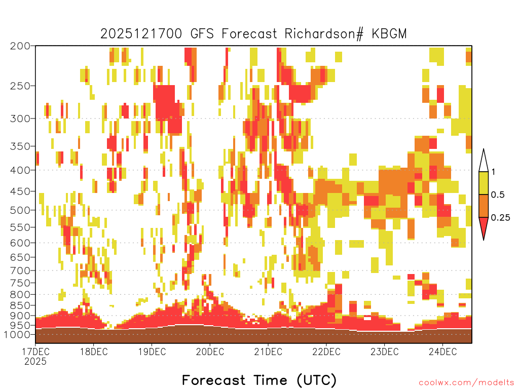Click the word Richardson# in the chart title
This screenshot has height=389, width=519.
point(324,34)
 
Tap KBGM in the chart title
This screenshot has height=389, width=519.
point(389,34)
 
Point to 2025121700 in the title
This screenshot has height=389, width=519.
point(141,34)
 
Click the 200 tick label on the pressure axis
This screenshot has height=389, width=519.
point(20,46)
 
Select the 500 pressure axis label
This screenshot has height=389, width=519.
point(20,210)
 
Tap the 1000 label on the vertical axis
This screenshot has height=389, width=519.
point(17,334)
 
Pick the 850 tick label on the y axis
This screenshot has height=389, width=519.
point(20,305)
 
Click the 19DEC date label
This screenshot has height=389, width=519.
point(152,352)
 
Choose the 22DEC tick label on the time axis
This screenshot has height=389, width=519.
point(326,352)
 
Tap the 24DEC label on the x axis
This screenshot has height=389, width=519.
point(443,352)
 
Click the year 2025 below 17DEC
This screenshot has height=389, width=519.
point(35,361)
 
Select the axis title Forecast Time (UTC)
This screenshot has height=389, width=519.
point(259,380)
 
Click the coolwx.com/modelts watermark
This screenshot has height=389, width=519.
point(466,383)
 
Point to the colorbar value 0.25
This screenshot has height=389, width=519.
point(500,217)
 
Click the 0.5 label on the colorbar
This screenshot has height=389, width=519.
point(498,194)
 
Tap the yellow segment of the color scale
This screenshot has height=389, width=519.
point(484,183)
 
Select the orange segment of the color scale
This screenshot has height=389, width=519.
point(484,206)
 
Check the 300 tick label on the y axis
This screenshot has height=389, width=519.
point(20,119)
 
